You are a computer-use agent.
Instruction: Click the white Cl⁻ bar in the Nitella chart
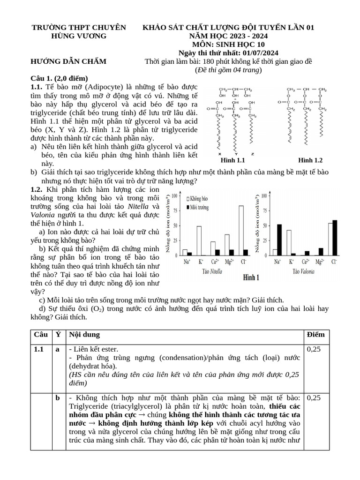click(241, 231)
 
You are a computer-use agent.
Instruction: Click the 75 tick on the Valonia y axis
click(265, 210)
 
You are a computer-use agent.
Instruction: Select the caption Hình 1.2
click(310, 161)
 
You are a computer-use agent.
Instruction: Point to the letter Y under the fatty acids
click(236, 154)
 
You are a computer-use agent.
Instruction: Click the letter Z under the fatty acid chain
click(253, 154)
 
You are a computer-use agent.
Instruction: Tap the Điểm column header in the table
click(315, 335)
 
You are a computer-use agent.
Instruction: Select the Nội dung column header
click(84, 335)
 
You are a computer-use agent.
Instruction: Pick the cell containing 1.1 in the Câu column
click(39, 349)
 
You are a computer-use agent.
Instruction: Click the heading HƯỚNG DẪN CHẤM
click(68, 61)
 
